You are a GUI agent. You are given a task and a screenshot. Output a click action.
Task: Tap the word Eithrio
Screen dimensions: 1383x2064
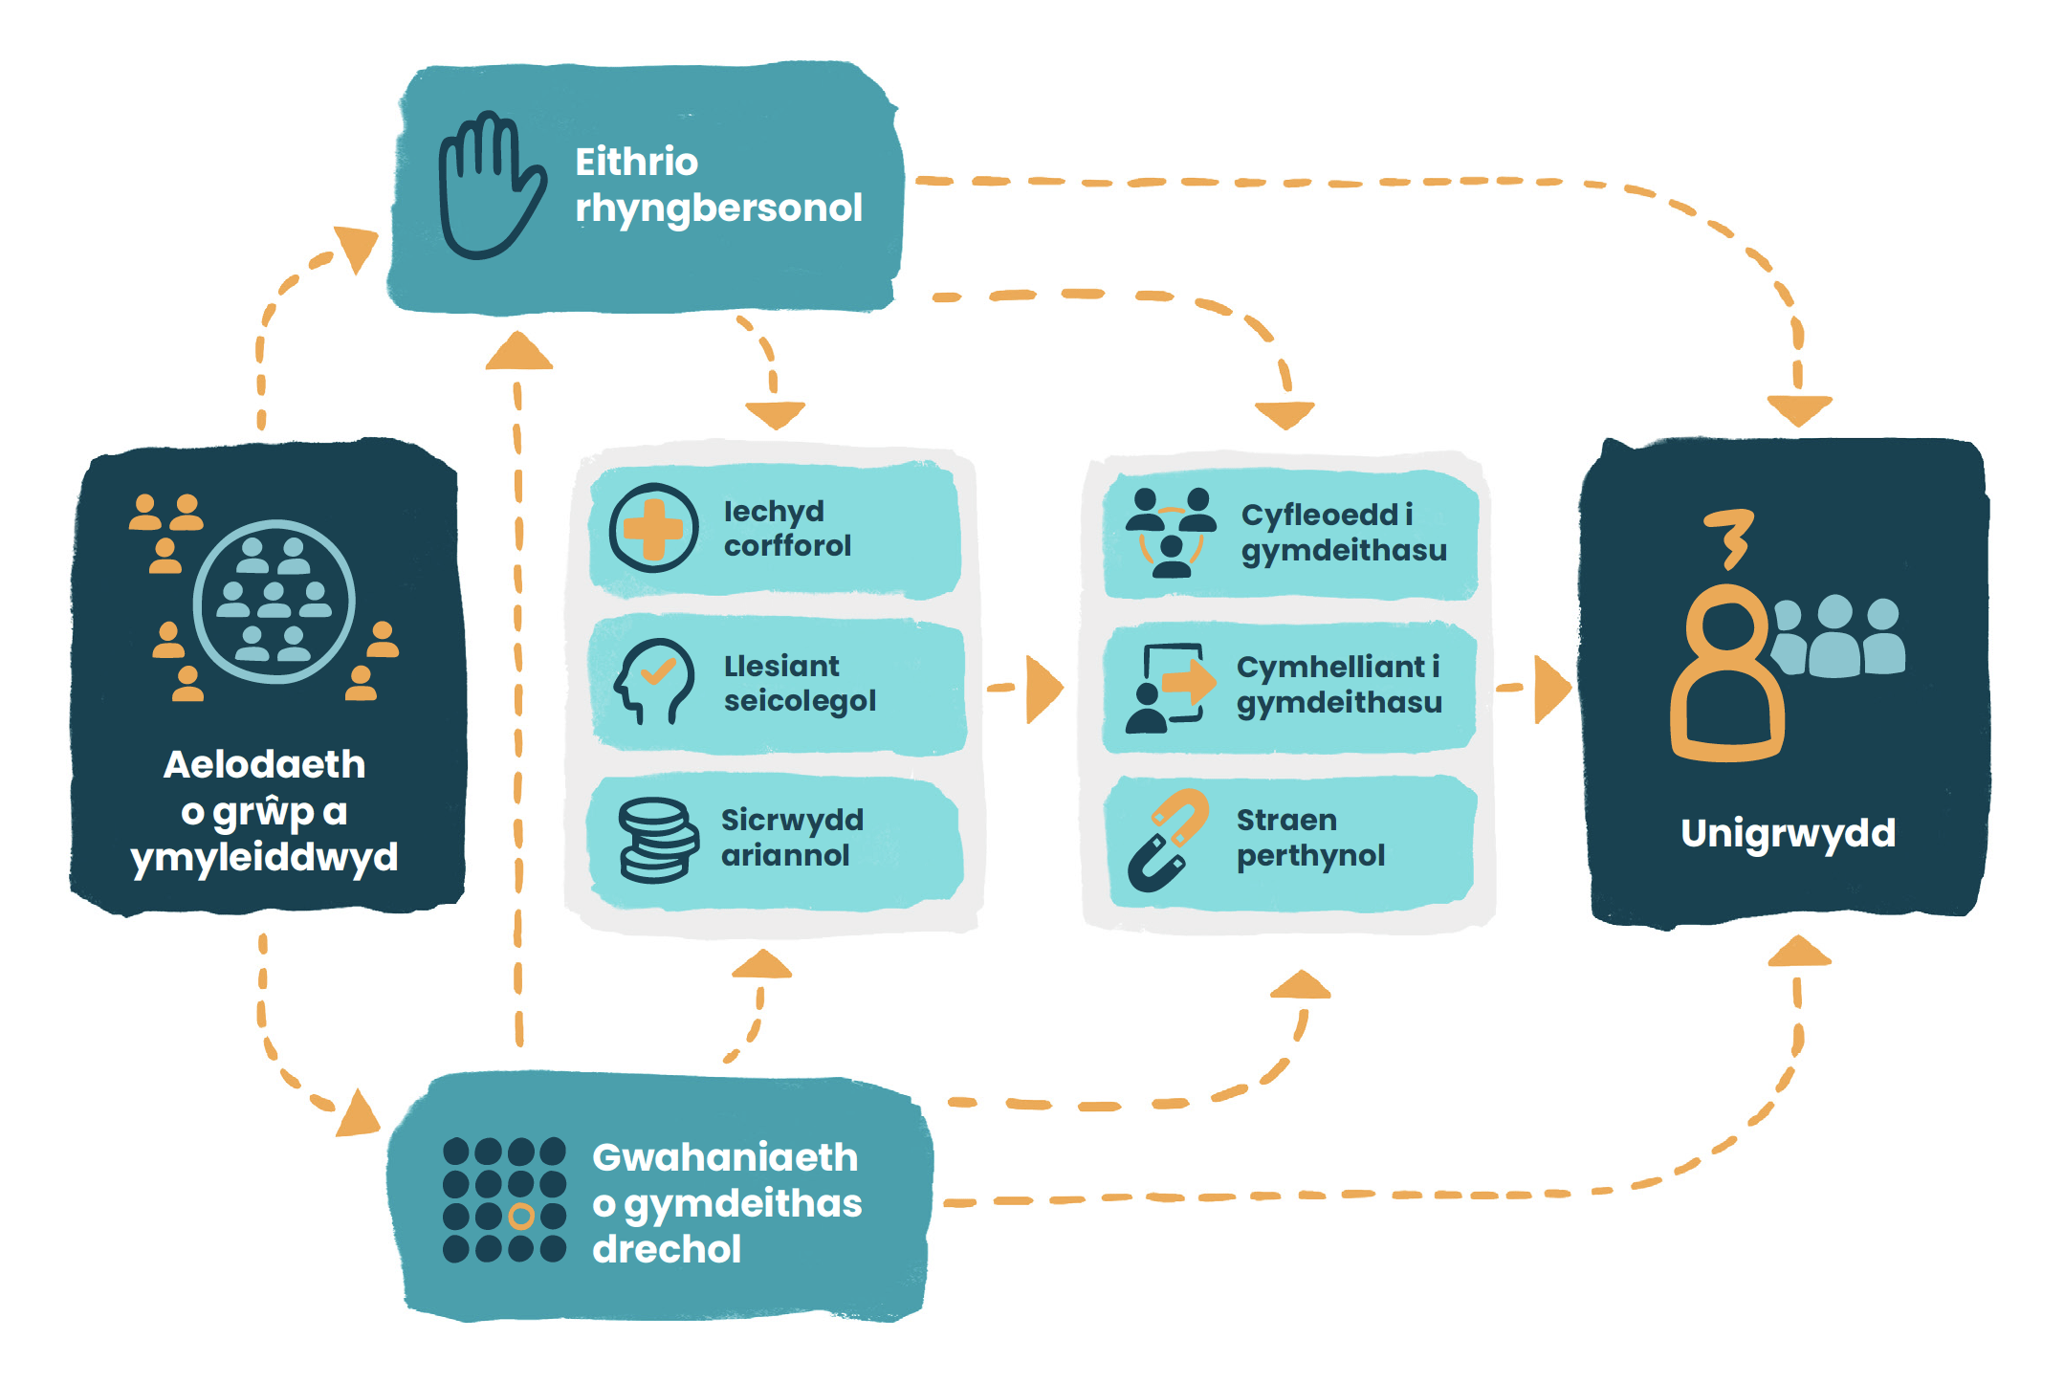click(636, 162)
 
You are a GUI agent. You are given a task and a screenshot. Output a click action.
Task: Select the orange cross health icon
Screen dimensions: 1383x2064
click(653, 528)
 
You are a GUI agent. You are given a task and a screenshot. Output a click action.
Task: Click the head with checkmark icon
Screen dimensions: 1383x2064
click(653, 680)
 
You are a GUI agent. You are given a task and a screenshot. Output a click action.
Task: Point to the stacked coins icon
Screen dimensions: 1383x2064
click(657, 839)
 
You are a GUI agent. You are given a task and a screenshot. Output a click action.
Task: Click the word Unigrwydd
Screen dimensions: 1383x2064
click(1788, 833)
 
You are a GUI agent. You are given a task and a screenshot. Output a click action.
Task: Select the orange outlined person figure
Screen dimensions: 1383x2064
click(1726, 674)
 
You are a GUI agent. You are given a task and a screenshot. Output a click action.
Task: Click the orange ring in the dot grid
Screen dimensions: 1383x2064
click(521, 1216)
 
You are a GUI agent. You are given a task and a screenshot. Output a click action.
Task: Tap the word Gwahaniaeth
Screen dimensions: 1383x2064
click(725, 1157)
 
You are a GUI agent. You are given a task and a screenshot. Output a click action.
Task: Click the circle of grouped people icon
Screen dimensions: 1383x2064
click(274, 602)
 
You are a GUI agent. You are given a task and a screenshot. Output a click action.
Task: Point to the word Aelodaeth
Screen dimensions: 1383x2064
click(264, 764)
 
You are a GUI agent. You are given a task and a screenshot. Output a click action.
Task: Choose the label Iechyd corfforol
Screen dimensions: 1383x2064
click(786, 528)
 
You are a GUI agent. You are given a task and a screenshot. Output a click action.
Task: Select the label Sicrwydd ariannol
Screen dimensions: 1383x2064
click(791, 837)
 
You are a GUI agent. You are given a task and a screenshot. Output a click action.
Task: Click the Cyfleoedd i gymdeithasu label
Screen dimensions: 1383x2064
click(1343, 532)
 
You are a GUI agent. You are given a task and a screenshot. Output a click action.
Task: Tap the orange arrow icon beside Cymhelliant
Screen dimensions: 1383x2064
click(1188, 681)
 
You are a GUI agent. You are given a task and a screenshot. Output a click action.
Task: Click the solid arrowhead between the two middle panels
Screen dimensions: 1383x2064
click(1043, 688)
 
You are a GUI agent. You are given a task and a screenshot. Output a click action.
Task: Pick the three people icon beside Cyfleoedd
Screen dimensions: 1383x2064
click(1171, 532)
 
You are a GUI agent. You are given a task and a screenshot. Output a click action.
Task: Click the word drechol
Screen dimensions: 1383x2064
click(667, 1249)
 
